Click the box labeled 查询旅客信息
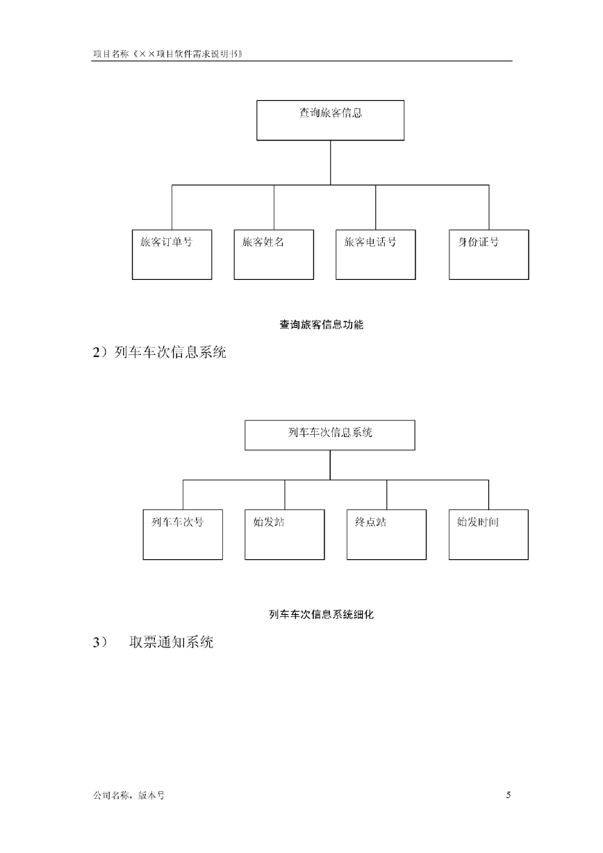tap(330, 120)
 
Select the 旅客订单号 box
tap(172, 255)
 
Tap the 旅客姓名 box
tap(274, 255)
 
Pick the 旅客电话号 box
tap(376, 255)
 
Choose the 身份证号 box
tap(489, 255)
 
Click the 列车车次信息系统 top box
tap(330, 436)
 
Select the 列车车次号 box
tap(183, 535)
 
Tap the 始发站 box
tap(285, 535)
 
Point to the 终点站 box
tap(387, 535)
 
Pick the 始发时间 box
tap(489, 535)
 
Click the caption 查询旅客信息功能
tap(322, 324)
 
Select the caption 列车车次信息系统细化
tap(322, 614)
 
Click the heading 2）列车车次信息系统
tap(160, 352)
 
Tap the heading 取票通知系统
tap(171, 642)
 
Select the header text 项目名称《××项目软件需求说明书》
tap(168, 53)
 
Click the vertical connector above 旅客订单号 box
tap(172, 207)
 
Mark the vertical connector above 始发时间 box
tap(489, 495)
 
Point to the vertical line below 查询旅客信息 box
tap(330, 163)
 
